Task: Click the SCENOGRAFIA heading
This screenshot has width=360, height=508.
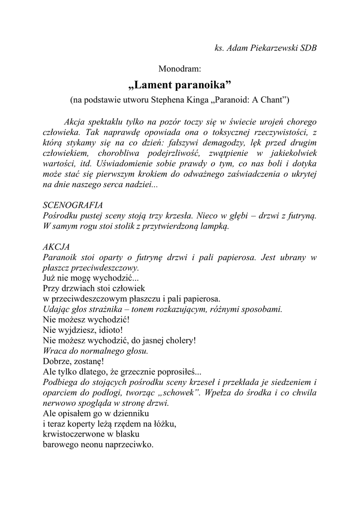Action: point(73,205)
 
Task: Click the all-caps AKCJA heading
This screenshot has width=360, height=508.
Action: point(57,247)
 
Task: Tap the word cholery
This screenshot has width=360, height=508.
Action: point(178,340)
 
